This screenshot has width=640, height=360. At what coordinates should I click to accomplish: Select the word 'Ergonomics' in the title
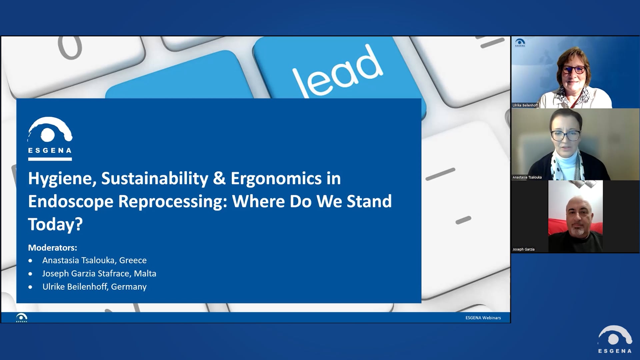pos(276,179)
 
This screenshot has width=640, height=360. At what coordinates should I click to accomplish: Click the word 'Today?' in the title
pos(55,224)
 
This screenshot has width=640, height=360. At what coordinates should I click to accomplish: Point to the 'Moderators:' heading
pos(52,248)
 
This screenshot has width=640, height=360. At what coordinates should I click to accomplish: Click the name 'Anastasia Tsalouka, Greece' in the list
pos(94,260)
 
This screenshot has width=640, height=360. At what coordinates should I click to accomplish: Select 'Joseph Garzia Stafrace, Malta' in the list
pos(99,274)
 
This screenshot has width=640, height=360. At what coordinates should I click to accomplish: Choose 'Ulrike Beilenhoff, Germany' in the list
pos(94,287)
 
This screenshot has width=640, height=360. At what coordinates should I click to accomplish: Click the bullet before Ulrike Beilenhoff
pos(30,287)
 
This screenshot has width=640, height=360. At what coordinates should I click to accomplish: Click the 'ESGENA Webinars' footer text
pos(483,318)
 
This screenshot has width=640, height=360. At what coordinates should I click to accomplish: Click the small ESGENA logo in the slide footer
pos(22,318)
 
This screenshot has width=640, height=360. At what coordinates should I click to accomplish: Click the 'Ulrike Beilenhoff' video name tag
pos(525,105)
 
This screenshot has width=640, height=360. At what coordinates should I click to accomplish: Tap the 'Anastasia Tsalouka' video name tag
pos(527,177)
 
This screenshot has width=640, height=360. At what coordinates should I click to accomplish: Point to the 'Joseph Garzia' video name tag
pos(523,249)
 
